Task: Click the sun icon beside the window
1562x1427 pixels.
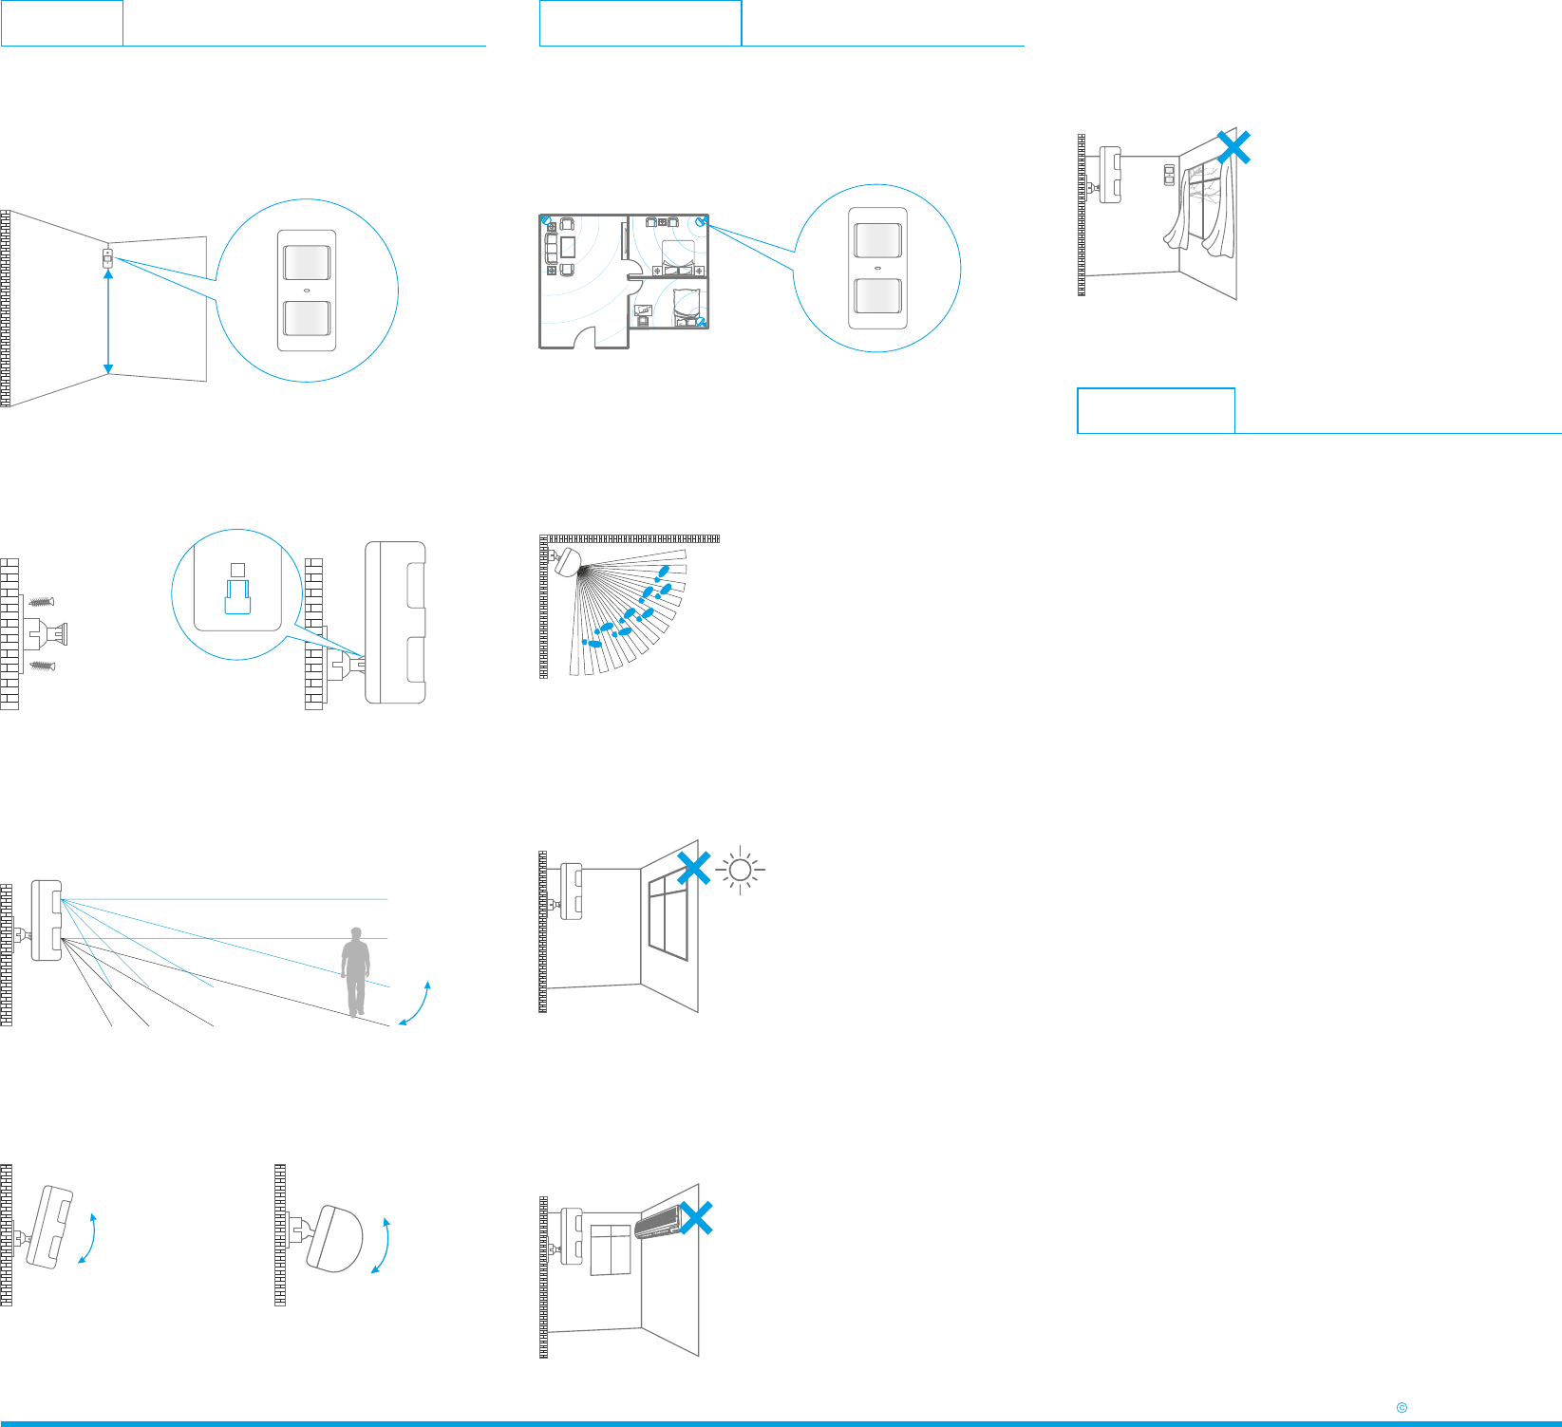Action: click(x=741, y=870)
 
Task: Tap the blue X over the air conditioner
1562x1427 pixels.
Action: click(x=696, y=1218)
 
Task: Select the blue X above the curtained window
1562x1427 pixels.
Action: click(x=1233, y=147)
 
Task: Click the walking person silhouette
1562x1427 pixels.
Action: click(x=356, y=971)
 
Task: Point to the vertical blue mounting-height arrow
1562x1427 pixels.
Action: click(x=108, y=321)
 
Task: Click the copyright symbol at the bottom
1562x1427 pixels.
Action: click(x=1402, y=1408)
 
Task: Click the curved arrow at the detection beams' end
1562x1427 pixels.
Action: click(x=416, y=1004)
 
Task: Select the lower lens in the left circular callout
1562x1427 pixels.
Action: click(x=307, y=320)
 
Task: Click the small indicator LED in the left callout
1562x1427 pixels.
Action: click(x=307, y=291)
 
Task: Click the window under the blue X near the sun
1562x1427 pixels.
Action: click(x=668, y=917)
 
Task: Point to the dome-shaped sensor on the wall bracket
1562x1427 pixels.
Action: click(x=334, y=1238)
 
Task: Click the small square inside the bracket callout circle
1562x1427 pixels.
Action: click(x=238, y=570)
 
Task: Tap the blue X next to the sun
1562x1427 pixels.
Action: click(x=694, y=868)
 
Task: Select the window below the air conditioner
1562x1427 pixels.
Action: click(x=611, y=1249)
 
